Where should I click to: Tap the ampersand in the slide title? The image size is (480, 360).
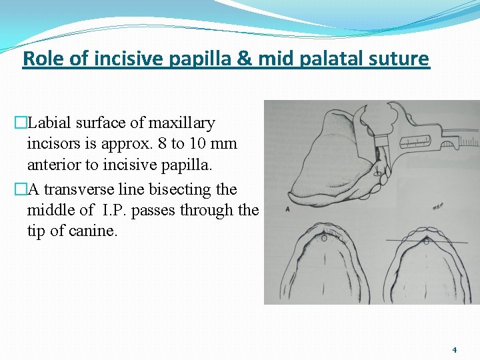[244, 59]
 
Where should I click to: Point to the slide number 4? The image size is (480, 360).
[454, 349]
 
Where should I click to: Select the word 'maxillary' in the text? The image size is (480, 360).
[181, 123]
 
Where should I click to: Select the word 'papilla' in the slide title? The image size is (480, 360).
[197, 59]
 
